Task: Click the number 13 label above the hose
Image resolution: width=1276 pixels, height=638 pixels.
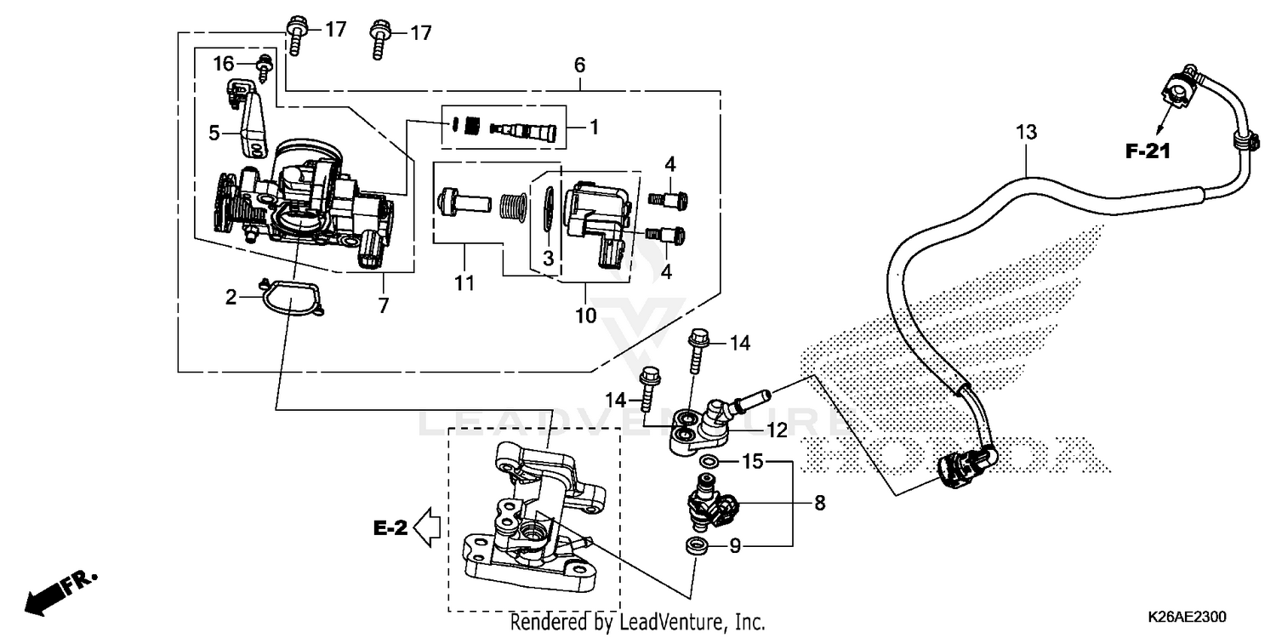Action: coord(1027,132)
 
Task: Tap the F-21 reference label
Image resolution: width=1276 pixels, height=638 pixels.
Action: coord(1148,152)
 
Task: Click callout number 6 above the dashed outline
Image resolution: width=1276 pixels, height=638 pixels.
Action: coord(579,65)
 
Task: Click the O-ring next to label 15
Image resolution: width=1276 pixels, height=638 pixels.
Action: coord(707,461)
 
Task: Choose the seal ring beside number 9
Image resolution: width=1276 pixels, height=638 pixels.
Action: coord(697,545)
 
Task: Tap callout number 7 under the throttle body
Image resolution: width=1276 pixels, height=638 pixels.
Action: coord(383,305)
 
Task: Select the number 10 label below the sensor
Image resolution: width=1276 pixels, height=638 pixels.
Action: coord(585,315)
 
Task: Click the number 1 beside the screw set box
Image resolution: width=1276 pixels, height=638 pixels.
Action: coord(594,128)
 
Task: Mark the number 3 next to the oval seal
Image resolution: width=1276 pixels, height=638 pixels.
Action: coord(549,257)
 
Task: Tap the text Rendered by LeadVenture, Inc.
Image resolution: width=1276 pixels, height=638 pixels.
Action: coord(637,622)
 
